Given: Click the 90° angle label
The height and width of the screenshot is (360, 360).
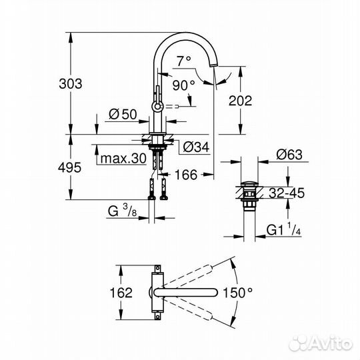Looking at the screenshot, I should pos(183,84).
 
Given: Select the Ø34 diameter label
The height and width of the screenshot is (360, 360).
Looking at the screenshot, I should pos(194,147).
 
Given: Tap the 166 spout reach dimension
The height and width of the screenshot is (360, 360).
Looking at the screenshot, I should pos(187,175).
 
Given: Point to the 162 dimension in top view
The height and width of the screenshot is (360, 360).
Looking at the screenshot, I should pos(120,292).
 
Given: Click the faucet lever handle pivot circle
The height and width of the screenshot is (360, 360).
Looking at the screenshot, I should pos(158,105).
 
